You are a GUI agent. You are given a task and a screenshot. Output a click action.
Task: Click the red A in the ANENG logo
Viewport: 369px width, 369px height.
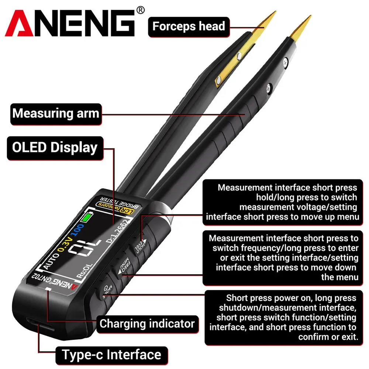[x=19, y=24]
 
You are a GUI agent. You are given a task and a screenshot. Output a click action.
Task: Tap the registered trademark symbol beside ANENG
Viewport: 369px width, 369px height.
[x=140, y=10]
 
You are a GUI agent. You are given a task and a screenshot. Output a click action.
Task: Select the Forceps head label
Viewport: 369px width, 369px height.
[x=189, y=27]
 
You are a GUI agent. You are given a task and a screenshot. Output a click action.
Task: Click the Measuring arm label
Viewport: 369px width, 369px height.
[x=56, y=114]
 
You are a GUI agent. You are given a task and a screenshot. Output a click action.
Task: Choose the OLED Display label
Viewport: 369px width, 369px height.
[x=55, y=148]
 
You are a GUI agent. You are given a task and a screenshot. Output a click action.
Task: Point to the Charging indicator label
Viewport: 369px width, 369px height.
[x=147, y=324]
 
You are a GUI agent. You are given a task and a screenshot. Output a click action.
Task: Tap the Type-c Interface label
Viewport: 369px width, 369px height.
[x=111, y=355]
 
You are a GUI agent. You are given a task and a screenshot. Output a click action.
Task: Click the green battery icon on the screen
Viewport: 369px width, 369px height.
[x=86, y=217]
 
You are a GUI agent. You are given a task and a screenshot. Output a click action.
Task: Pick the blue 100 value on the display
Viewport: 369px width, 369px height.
[x=77, y=230]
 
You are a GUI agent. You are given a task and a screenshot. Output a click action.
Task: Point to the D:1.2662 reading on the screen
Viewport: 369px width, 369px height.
[x=118, y=231]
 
